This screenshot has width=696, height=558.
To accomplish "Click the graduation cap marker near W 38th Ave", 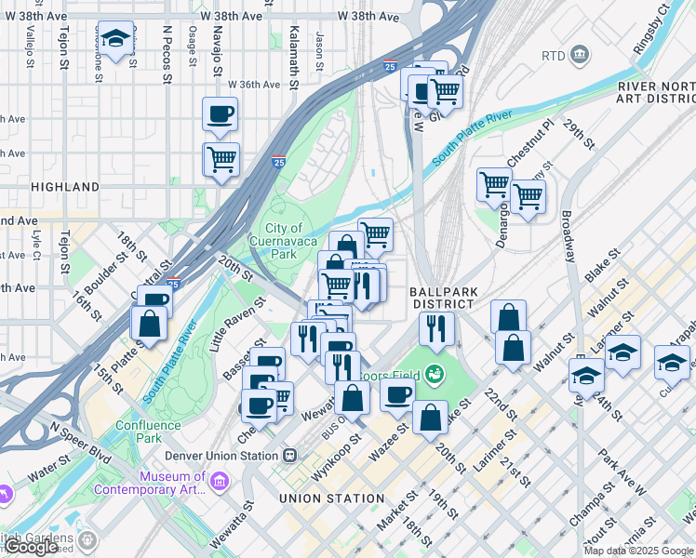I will (114, 39).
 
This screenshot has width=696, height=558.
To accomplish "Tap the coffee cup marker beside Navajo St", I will (220, 114).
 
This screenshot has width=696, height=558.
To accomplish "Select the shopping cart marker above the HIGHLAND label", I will (221, 159).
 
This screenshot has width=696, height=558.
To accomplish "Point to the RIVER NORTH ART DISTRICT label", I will (656, 94).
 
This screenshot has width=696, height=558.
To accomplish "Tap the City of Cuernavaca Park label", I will (285, 241).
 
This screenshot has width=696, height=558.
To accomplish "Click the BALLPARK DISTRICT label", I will (444, 298).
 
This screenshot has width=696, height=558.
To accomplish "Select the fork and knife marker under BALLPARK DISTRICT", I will (435, 326).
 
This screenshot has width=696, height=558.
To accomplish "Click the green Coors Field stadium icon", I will (434, 375).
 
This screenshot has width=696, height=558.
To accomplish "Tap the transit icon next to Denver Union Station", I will (289, 456).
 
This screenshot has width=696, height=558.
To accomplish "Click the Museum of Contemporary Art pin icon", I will (219, 481).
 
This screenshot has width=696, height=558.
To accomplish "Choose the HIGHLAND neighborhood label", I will (65, 187).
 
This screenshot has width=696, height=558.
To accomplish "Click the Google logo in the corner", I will (31, 547).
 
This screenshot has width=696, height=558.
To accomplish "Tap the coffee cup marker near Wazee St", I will (396, 394).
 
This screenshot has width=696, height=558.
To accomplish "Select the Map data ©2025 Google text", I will (638, 551).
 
